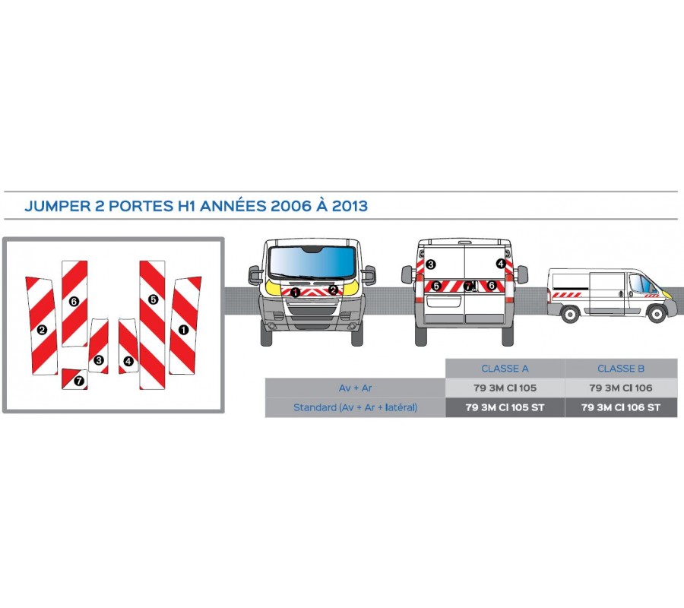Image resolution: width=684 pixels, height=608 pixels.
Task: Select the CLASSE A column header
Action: (x=505, y=369)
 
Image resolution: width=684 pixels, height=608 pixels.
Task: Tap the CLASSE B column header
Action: (x=621, y=369)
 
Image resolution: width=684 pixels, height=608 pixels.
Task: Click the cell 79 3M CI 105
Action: (x=505, y=388)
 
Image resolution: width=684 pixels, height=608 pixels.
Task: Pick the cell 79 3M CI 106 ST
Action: (x=621, y=407)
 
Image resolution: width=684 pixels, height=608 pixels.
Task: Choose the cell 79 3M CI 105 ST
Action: (x=505, y=407)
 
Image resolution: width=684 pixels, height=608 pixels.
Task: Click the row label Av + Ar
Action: (x=355, y=388)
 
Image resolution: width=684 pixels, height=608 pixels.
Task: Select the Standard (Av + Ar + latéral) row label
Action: (x=355, y=407)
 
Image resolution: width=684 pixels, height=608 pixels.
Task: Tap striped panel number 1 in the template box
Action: (x=184, y=327)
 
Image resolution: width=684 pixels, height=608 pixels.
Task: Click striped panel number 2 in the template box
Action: (x=42, y=327)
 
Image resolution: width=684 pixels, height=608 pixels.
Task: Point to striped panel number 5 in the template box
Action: (x=152, y=319)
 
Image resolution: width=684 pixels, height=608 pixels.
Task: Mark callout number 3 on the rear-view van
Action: (x=430, y=264)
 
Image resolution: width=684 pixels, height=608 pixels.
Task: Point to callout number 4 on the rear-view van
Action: (x=500, y=264)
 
